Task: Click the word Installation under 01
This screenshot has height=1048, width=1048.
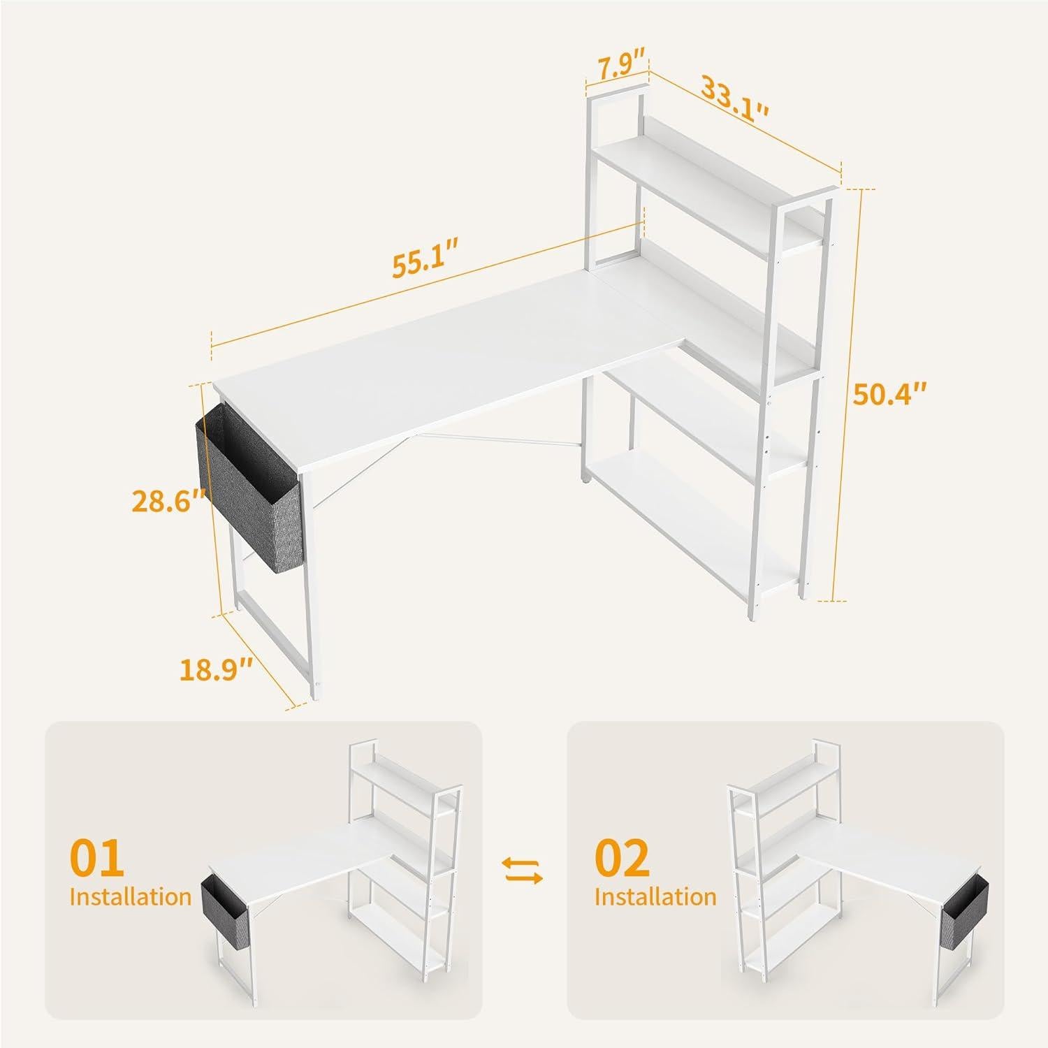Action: [130, 896]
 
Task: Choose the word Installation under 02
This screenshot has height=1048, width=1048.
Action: [655, 896]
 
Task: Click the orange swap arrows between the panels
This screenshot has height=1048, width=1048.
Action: [523, 871]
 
